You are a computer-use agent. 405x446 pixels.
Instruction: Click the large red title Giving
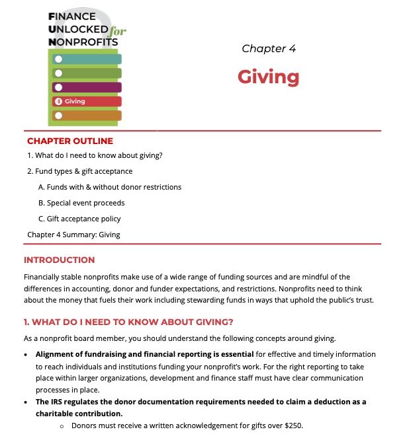tap(269, 77)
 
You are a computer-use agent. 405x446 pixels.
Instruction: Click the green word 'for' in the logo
tap(118, 30)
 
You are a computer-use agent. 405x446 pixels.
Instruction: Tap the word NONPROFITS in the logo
tap(83, 42)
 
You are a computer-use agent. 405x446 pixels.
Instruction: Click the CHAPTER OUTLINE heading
tap(70, 141)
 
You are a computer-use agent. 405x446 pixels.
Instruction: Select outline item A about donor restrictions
tap(110, 187)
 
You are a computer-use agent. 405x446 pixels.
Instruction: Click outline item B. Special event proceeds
tap(81, 203)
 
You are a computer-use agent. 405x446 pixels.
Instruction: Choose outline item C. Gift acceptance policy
tap(79, 219)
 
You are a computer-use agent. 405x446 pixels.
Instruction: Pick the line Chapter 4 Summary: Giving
tap(73, 235)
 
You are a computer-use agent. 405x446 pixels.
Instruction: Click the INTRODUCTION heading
tap(59, 260)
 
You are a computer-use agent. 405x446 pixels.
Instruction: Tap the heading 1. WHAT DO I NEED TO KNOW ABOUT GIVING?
tap(128, 322)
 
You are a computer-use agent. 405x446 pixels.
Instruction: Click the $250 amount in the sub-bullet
tap(293, 426)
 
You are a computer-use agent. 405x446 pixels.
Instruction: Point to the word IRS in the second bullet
tap(58, 402)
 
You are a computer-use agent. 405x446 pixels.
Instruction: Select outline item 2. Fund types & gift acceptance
tap(80, 171)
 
